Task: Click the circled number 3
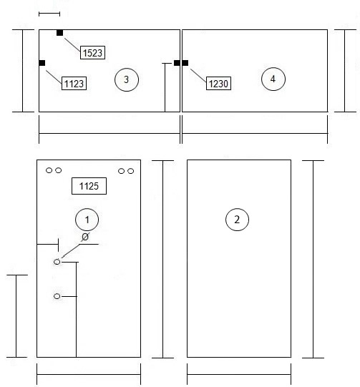127,79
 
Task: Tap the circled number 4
273,79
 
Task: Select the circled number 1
87,220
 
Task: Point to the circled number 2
237,220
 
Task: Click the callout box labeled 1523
92,52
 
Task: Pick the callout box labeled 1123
74,84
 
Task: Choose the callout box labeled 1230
218,84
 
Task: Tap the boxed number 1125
89,186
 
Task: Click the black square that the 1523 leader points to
59,33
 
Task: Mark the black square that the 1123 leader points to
42,63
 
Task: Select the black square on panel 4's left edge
185,63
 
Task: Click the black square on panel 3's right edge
177,63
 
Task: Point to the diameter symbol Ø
85,237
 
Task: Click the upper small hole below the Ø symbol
57,262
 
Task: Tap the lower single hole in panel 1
57,296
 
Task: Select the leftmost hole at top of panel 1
49,170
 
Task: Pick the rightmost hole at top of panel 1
131,171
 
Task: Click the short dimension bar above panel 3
49,14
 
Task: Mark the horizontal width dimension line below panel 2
239,374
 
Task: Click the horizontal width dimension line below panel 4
255,134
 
